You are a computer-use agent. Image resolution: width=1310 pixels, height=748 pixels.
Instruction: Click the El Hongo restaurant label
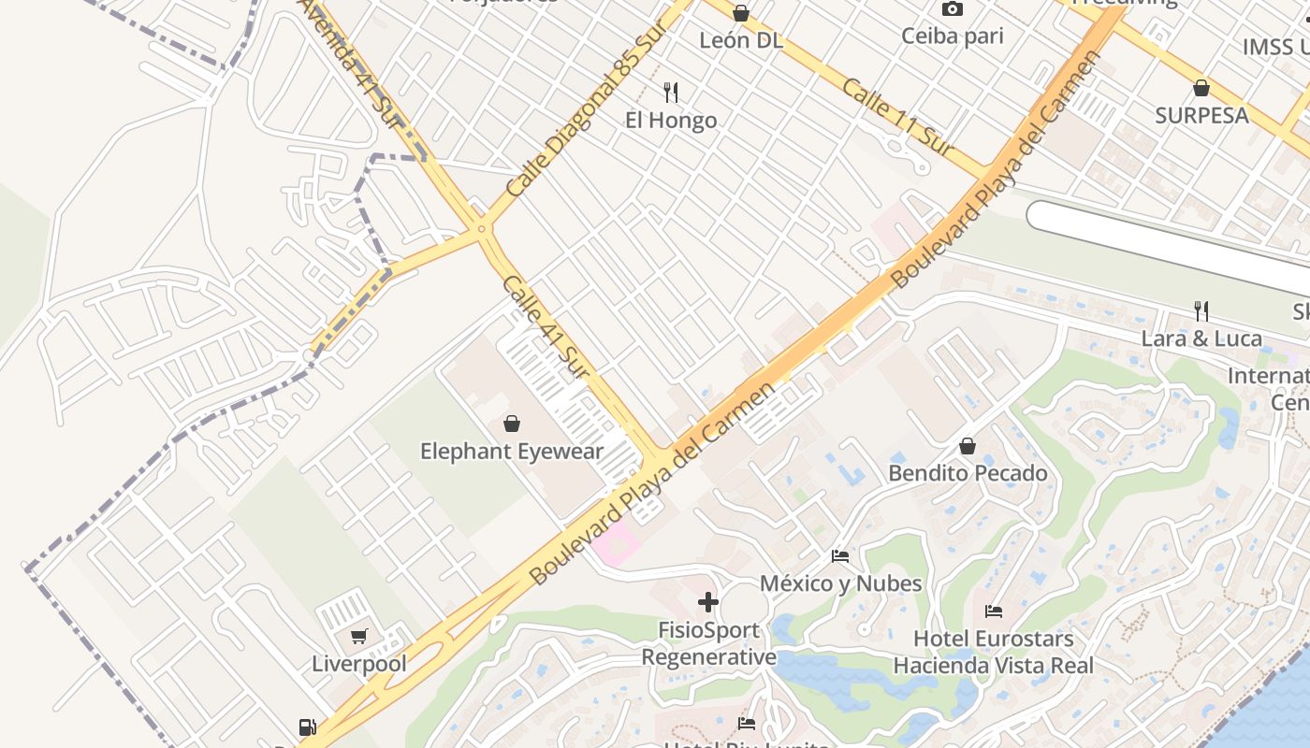671,121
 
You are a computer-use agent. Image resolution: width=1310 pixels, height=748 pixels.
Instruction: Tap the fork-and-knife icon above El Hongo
671,92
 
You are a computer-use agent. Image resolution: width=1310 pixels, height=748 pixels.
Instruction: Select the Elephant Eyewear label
512,452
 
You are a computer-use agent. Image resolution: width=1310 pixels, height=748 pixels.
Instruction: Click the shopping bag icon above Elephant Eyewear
512,424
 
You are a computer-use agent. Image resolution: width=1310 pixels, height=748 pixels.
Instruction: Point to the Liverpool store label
359,665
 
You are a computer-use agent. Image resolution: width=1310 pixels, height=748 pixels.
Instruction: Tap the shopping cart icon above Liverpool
358,637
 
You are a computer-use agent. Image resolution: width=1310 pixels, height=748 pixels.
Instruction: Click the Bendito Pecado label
968,473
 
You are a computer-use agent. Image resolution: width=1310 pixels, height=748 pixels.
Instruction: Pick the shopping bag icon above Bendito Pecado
968,447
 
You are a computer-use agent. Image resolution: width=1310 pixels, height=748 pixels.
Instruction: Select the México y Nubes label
840,583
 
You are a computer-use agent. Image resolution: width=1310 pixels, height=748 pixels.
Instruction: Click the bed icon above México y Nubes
840,556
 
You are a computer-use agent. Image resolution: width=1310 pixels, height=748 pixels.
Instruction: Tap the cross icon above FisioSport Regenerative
708,602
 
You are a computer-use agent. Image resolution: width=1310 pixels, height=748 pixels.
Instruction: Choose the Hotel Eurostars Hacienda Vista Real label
993,653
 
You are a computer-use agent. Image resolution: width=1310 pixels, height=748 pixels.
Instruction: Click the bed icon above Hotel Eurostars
994,612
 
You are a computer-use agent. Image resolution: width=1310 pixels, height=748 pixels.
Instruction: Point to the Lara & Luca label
1201,338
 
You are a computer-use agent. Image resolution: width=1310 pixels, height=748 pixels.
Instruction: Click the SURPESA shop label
1201,115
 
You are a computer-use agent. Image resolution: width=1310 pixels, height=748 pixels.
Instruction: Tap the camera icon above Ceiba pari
953,9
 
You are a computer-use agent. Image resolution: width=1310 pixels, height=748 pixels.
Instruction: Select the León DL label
741,40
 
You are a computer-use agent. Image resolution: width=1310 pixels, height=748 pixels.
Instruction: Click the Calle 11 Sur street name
897,117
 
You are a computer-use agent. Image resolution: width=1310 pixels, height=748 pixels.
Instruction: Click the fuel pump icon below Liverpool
307,726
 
